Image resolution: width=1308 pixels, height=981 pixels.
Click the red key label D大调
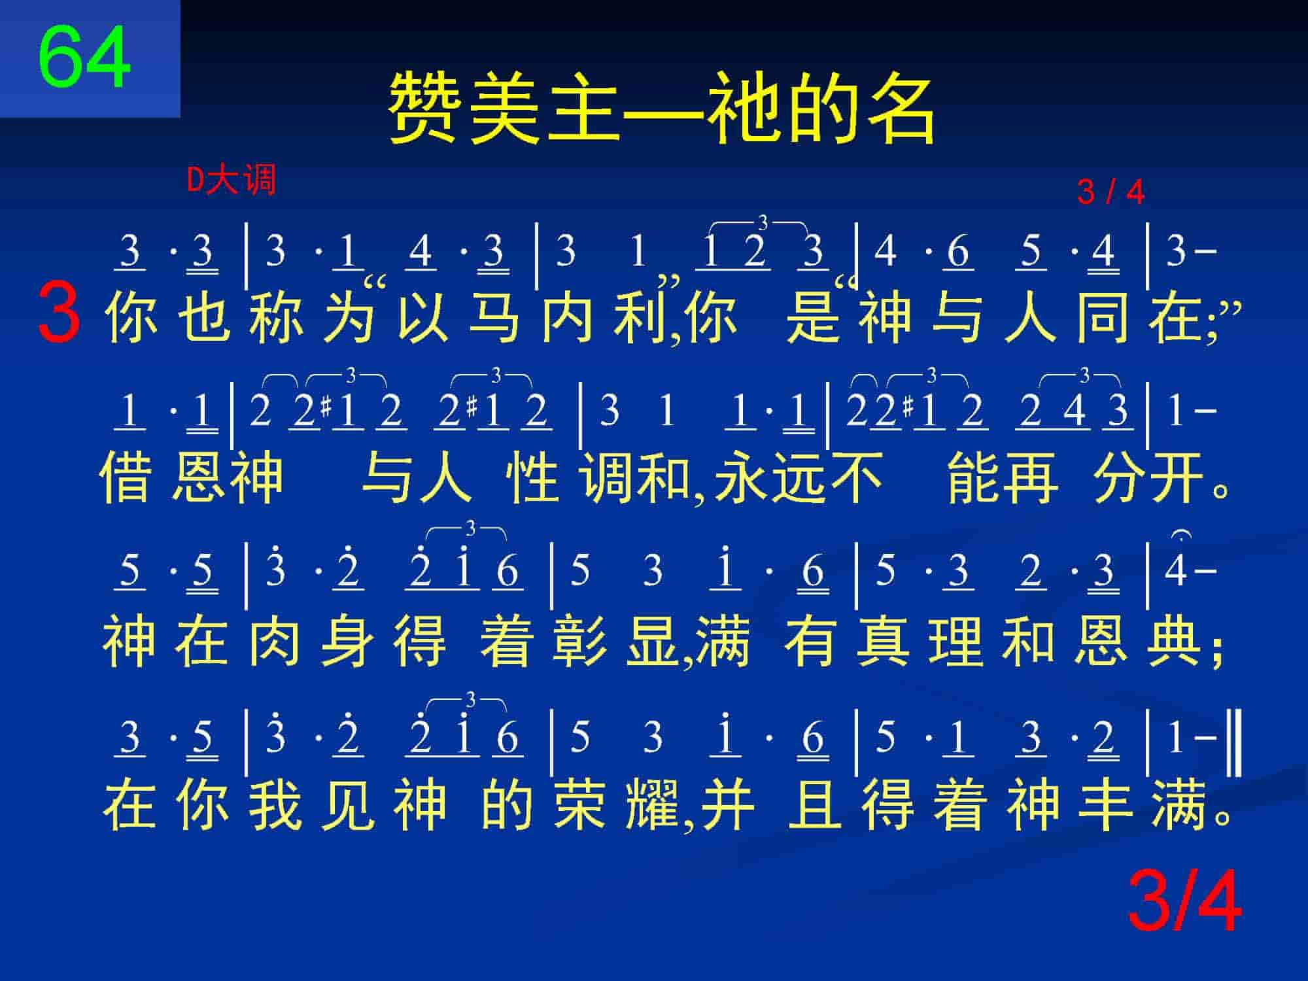(x=232, y=180)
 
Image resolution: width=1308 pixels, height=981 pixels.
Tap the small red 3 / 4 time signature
(x=1111, y=192)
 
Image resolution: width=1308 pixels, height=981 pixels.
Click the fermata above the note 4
(x=1181, y=536)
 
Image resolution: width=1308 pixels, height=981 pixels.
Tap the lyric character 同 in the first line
(x=1103, y=317)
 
